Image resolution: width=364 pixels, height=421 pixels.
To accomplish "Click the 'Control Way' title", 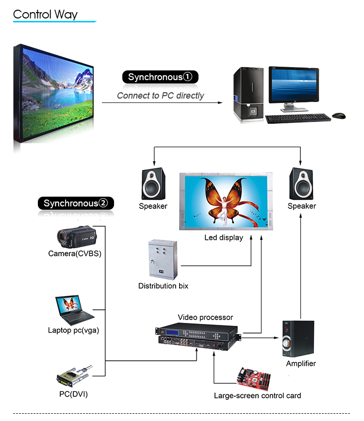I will tap(45, 14).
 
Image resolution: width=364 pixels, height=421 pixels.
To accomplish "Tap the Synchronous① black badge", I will tap(160, 77).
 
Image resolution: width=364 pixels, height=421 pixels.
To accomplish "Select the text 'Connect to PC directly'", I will tap(160, 96).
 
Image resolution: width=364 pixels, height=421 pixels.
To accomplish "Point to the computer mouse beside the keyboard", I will tap(339, 116).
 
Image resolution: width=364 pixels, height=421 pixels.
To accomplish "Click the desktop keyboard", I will tap(297, 118).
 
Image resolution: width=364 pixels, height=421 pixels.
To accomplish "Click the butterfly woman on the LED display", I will tap(224, 199).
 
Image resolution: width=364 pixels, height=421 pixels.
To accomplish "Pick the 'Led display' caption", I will tap(224, 238).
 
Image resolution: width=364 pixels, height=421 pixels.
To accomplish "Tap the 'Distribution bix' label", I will tap(163, 286).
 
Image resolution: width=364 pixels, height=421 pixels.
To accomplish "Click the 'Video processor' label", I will tap(205, 318).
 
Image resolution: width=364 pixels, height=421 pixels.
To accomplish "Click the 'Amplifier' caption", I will tap(301, 363).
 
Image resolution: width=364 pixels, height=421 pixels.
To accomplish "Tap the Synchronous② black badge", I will tap(75, 203).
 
